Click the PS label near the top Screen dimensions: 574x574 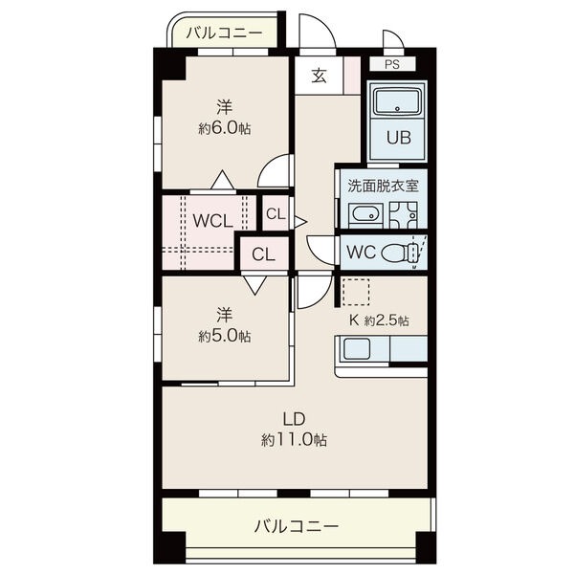(x=391, y=64)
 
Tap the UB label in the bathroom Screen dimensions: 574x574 (x=399, y=138)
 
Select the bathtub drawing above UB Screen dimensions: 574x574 (x=398, y=101)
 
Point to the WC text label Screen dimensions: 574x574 (x=361, y=252)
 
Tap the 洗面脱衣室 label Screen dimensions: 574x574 (x=383, y=186)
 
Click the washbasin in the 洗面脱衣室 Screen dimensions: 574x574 (x=365, y=216)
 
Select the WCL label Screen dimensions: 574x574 (x=212, y=221)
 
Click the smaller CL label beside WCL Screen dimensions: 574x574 (x=276, y=214)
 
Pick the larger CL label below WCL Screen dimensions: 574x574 (x=264, y=254)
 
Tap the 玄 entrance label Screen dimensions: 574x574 (x=319, y=76)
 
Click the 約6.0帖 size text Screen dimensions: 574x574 (x=225, y=129)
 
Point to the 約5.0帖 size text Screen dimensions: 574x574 (x=225, y=336)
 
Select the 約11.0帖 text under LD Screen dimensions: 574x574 (x=294, y=440)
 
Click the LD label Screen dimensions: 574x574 (x=295, y=419)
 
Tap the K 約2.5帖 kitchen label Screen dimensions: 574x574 (x=379, y=320)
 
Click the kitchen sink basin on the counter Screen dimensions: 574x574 (x=357, y=349)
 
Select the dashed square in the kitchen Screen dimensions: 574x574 (x=355, y=293)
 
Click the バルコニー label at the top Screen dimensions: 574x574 (x=224, y=33)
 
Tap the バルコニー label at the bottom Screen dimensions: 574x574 (x=297, y=527)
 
